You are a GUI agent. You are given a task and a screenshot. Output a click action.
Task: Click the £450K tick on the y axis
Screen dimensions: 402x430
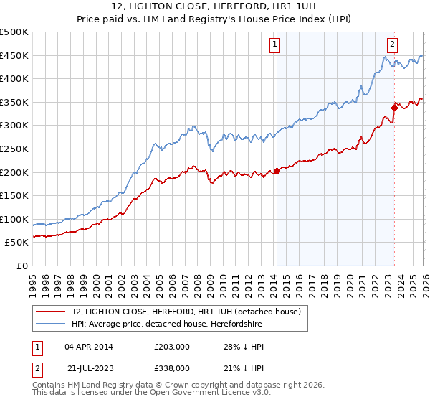(14, 55)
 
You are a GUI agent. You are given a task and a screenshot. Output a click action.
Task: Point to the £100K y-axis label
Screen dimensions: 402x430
(14, 219)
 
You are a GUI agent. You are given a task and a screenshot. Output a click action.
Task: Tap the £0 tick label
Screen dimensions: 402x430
(22, 266)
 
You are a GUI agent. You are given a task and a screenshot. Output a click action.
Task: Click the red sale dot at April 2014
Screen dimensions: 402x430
(277, 171)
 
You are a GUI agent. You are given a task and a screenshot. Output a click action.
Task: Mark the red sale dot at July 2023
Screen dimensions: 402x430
(394, 108)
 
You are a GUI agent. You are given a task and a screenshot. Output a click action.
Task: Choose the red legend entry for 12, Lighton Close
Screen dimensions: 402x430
(190, 312)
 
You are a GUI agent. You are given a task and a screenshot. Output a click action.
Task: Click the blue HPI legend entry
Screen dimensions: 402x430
(167, 324)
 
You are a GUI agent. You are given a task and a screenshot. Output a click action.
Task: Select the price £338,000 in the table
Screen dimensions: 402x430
(172, 368)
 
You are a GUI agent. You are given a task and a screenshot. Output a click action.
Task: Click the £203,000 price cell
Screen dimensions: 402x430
(172, 347)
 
